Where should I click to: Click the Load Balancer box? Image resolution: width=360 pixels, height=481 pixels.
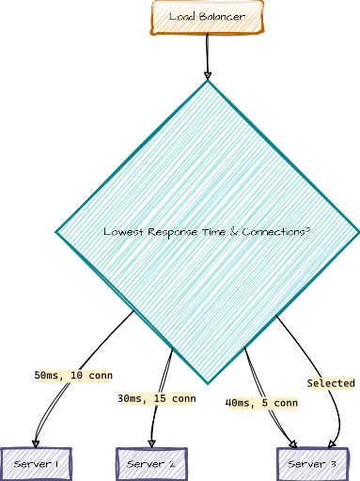tap(208, 17)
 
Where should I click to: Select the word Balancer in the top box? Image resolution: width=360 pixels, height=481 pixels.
tap(222, 17)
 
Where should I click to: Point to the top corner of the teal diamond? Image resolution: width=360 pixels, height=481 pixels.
tap(209, 83)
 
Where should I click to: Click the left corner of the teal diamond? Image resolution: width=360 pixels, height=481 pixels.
tap(58, 232)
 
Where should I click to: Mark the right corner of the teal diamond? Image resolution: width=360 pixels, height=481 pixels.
tap(357, 232)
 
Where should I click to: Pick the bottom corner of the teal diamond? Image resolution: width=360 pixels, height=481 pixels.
tap(209, 381)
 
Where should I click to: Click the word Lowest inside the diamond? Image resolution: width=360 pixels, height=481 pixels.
tap(120, 232)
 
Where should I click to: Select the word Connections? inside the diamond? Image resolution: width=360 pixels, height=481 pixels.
tap(276, 232)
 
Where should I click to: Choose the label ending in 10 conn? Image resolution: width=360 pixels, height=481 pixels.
tap(75, 376)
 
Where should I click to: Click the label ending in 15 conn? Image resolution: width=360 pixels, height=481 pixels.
tap(158, 399)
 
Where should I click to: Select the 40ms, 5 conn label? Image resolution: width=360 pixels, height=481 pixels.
tap(262, 404)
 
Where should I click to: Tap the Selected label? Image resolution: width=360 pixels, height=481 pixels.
tap(332, 383)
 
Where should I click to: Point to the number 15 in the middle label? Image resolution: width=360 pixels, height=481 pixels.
tap(159, 399)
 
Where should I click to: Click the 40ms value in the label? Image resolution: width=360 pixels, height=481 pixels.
tap(240, 404)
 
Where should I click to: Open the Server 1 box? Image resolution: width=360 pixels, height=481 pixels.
tap(37, 464)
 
